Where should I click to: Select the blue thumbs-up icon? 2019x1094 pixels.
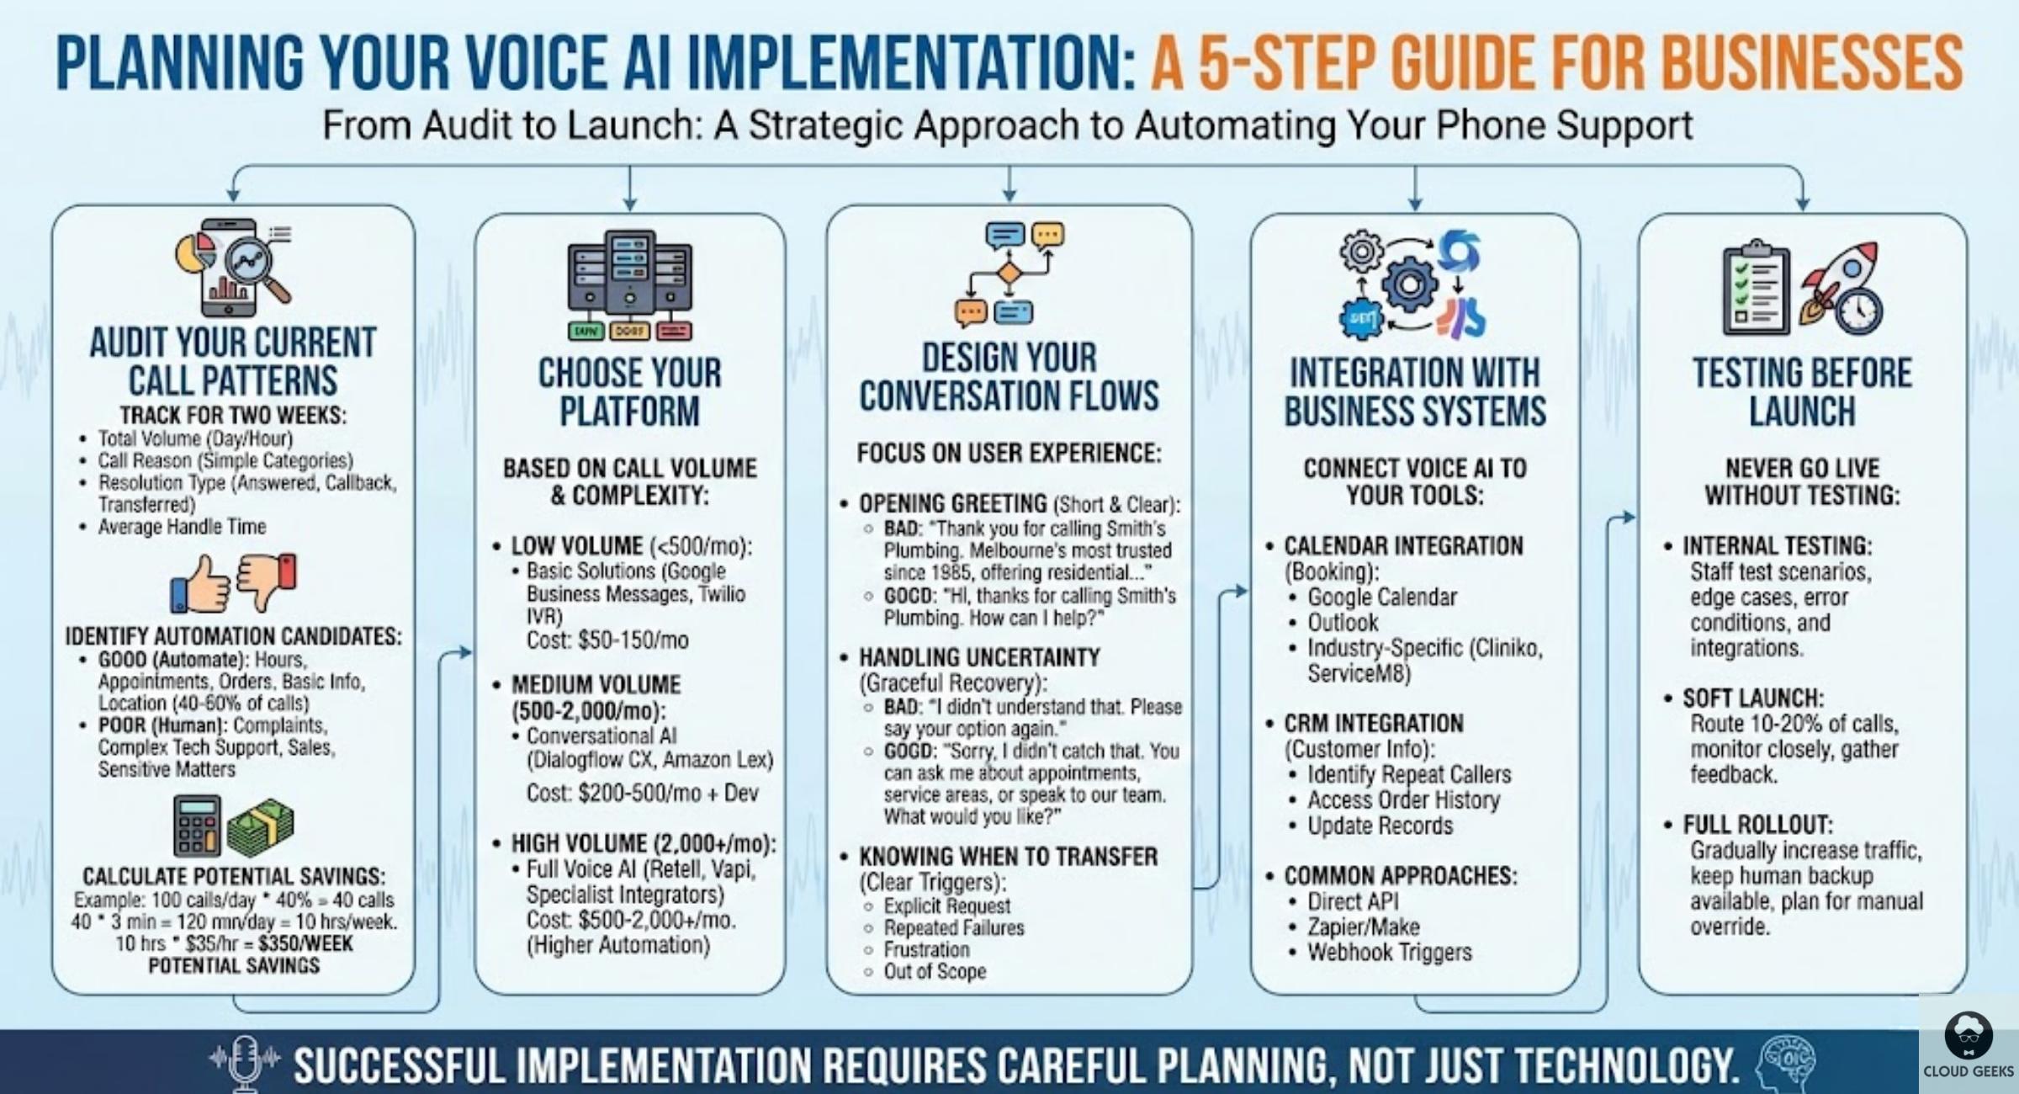coord(200,583)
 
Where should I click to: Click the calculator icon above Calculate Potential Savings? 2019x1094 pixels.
coord(197,825)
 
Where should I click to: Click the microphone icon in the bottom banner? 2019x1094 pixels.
coord(245,1062)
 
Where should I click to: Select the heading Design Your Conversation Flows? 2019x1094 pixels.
coord(1009,376)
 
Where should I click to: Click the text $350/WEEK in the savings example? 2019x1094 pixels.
coord(306,943)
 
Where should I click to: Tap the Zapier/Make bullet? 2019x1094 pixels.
coord(1363,927)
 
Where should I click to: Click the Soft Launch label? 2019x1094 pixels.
coord(1752,698)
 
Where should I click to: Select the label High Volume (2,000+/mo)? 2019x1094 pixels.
coord(644,842)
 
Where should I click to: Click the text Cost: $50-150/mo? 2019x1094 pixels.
coord(607,640)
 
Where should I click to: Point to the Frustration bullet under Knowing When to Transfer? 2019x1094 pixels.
coord(926,949)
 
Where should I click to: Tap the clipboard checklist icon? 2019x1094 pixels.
coord(1756,288)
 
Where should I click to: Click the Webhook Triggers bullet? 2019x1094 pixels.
coord(1389,952)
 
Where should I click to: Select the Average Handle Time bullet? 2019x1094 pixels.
coord(182,527)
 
